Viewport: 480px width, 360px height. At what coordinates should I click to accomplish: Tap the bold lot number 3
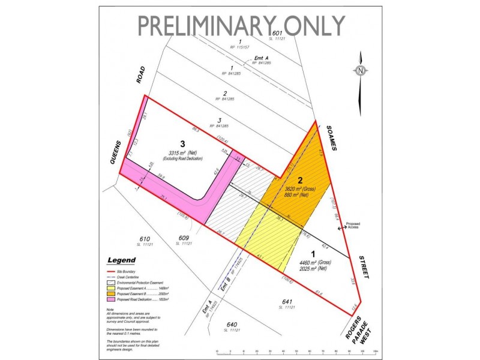pos(158,144)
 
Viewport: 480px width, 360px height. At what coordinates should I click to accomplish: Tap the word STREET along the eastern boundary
pos(362,265)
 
